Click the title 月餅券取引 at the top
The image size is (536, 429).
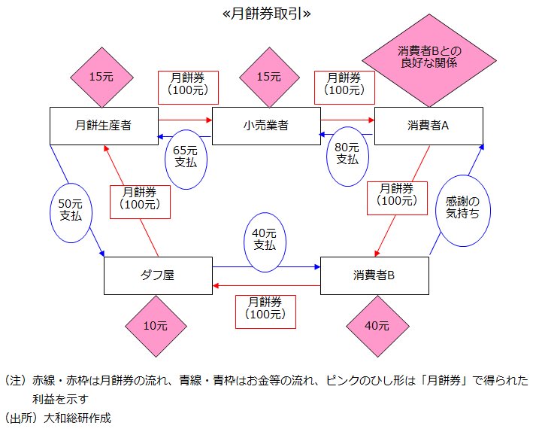(267, 14)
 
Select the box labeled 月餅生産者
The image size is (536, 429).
(104, 126)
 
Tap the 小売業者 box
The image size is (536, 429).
(266, 126)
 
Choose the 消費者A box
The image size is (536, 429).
(428, 126)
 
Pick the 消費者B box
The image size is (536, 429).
(374, 275)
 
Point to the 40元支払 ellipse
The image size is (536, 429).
(265, 239)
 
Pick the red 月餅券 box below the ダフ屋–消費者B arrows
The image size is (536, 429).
(265, 308)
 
